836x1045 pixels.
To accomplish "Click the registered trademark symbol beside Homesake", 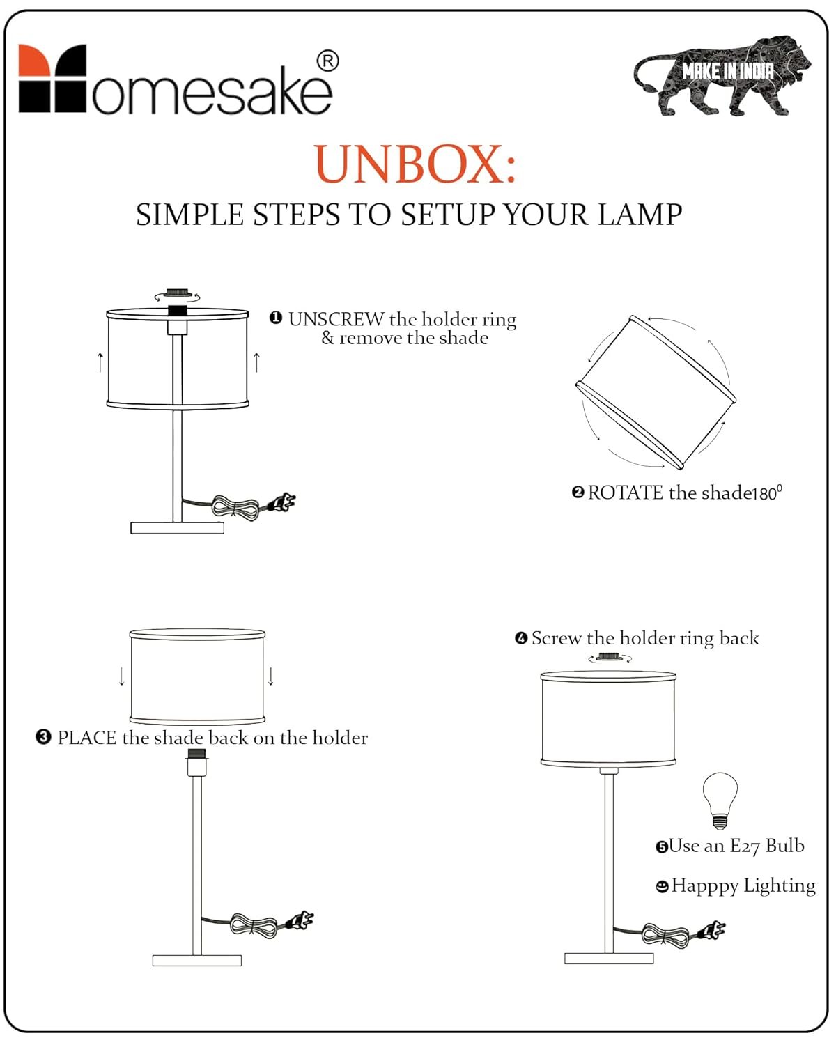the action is click(328, 62).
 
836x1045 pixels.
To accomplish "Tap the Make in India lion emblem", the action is click(722, 75).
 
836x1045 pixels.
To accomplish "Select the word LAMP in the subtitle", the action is click(640, 215).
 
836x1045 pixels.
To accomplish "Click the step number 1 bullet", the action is click(276, 318).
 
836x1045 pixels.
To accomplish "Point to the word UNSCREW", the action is click(336, 319).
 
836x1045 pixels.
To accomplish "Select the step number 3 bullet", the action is click(43, 737).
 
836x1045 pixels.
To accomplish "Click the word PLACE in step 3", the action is click(87, 738).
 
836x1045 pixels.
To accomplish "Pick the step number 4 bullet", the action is click(521, 638).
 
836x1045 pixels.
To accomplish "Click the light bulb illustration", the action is click(720, 800).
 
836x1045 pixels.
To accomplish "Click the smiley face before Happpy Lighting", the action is click(662, 887).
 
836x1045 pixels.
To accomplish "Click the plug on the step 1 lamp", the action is click(282, 502).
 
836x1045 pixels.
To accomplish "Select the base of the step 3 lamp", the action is click(196, 961).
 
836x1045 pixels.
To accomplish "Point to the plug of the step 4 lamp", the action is click(712, 931).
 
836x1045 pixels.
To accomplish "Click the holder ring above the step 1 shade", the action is click(177, 293).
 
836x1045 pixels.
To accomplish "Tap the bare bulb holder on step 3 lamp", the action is click(196, 762).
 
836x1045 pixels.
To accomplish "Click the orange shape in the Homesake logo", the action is click(34, 60).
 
